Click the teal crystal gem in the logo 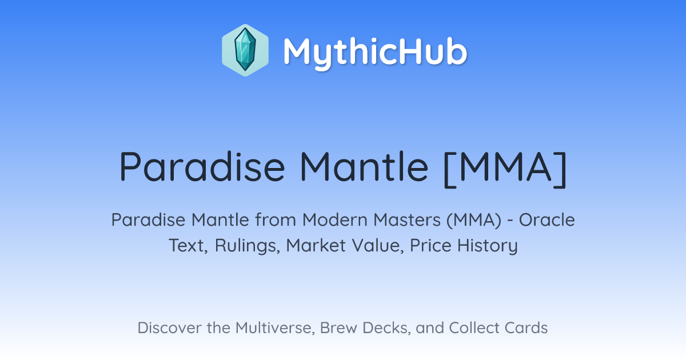245,50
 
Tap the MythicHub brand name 376,52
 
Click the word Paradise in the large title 202,167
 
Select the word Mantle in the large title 364,167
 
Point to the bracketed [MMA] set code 505,169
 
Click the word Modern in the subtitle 335,220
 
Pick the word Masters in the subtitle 407,220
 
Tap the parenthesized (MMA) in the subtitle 474,221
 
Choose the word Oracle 547,220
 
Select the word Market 316,246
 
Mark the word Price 430,246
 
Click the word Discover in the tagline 169,328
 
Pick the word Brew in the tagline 338,328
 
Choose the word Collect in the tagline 474,328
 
